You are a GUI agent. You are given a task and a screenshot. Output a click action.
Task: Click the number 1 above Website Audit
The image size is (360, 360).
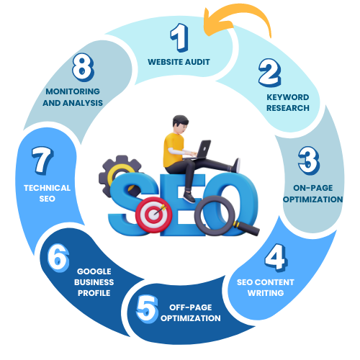click(x=179, y=37)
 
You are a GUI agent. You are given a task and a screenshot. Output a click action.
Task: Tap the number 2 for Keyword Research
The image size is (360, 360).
click(x=270, y=73)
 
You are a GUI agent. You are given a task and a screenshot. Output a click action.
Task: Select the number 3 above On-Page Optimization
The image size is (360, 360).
click(x=309, y=161)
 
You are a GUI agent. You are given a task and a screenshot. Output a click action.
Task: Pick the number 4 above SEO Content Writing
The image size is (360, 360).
click(x=276, y=258)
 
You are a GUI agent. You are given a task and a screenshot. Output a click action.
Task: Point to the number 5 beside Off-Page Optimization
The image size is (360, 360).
click(x=147, y=309)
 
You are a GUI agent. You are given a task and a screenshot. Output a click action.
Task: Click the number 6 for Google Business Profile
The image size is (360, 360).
click(x=58, y=258)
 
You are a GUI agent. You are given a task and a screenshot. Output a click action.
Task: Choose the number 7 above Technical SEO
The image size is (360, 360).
click(x=42, y=161)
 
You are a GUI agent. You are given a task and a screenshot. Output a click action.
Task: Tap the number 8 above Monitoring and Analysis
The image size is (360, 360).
click(x=83, y=67)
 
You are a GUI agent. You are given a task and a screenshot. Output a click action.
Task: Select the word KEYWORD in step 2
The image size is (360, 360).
click(x=288, y=97)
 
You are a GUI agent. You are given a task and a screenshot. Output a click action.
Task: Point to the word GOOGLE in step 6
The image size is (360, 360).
click(x=94, y=271)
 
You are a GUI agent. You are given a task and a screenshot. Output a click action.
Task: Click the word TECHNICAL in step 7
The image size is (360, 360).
click(x=47, y=188)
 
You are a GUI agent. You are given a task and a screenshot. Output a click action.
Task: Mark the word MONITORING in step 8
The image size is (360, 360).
click(x=73, y=91)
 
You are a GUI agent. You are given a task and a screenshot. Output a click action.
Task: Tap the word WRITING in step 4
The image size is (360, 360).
click(x=266, y=293)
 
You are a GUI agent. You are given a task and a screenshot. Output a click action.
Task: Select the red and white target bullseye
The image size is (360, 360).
click(x=154, y=215)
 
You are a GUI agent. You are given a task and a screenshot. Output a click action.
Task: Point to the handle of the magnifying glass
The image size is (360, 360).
click(x=247, y=228)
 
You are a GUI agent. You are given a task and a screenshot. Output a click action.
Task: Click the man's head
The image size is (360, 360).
click(x=181, y=125)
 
